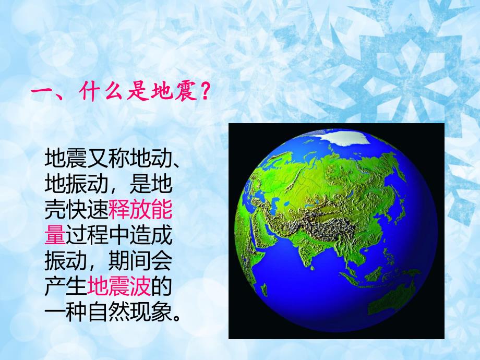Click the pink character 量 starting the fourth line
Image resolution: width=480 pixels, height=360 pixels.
coord(55,236)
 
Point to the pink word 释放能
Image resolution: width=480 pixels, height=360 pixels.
coord(140,211)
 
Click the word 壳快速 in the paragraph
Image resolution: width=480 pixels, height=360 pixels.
coord(76,211)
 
